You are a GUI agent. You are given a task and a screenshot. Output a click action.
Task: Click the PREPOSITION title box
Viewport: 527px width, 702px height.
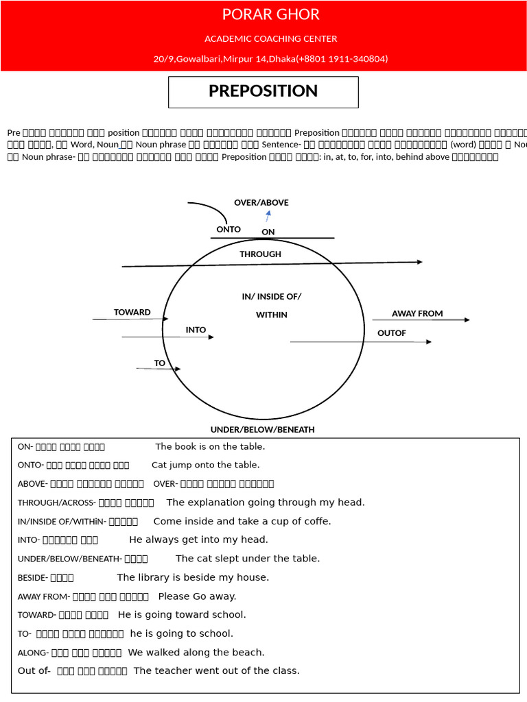(263, 92)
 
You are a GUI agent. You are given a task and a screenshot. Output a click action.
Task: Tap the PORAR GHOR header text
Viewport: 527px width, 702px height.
(270, 15)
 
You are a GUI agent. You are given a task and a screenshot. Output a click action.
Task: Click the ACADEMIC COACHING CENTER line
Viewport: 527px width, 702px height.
(270, 39)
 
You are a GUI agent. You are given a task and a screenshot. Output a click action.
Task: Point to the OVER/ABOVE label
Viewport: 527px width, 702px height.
(261, 203)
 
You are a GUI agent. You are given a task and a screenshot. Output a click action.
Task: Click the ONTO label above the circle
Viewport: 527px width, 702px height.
(229, 230)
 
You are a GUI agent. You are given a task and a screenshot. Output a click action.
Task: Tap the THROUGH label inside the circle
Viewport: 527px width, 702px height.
(260, 254)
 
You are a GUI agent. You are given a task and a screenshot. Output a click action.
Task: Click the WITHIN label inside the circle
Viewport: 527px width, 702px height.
(271, 315)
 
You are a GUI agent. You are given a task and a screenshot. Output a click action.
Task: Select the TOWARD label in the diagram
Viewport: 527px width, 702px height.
(132, 313)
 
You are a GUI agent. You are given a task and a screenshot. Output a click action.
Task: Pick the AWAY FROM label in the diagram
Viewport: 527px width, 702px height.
(417, 314)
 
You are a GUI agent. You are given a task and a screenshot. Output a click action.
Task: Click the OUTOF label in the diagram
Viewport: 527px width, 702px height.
(392, 333)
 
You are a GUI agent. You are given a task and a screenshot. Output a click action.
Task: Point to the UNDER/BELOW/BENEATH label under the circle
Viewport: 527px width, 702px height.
(262, 430)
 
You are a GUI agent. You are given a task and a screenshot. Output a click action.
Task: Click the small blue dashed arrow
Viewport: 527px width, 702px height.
(268, 216)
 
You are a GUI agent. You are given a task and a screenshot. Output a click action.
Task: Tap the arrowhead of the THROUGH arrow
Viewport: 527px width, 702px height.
(419, 262)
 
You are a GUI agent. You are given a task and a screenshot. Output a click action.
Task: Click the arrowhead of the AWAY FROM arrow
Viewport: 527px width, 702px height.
(467, 320)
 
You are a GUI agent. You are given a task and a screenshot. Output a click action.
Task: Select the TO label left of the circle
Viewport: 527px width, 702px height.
(159, 363)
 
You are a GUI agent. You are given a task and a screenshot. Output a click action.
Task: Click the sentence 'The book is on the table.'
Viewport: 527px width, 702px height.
(210, 447)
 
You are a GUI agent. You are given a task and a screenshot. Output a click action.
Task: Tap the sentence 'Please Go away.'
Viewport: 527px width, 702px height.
(197, 596)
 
